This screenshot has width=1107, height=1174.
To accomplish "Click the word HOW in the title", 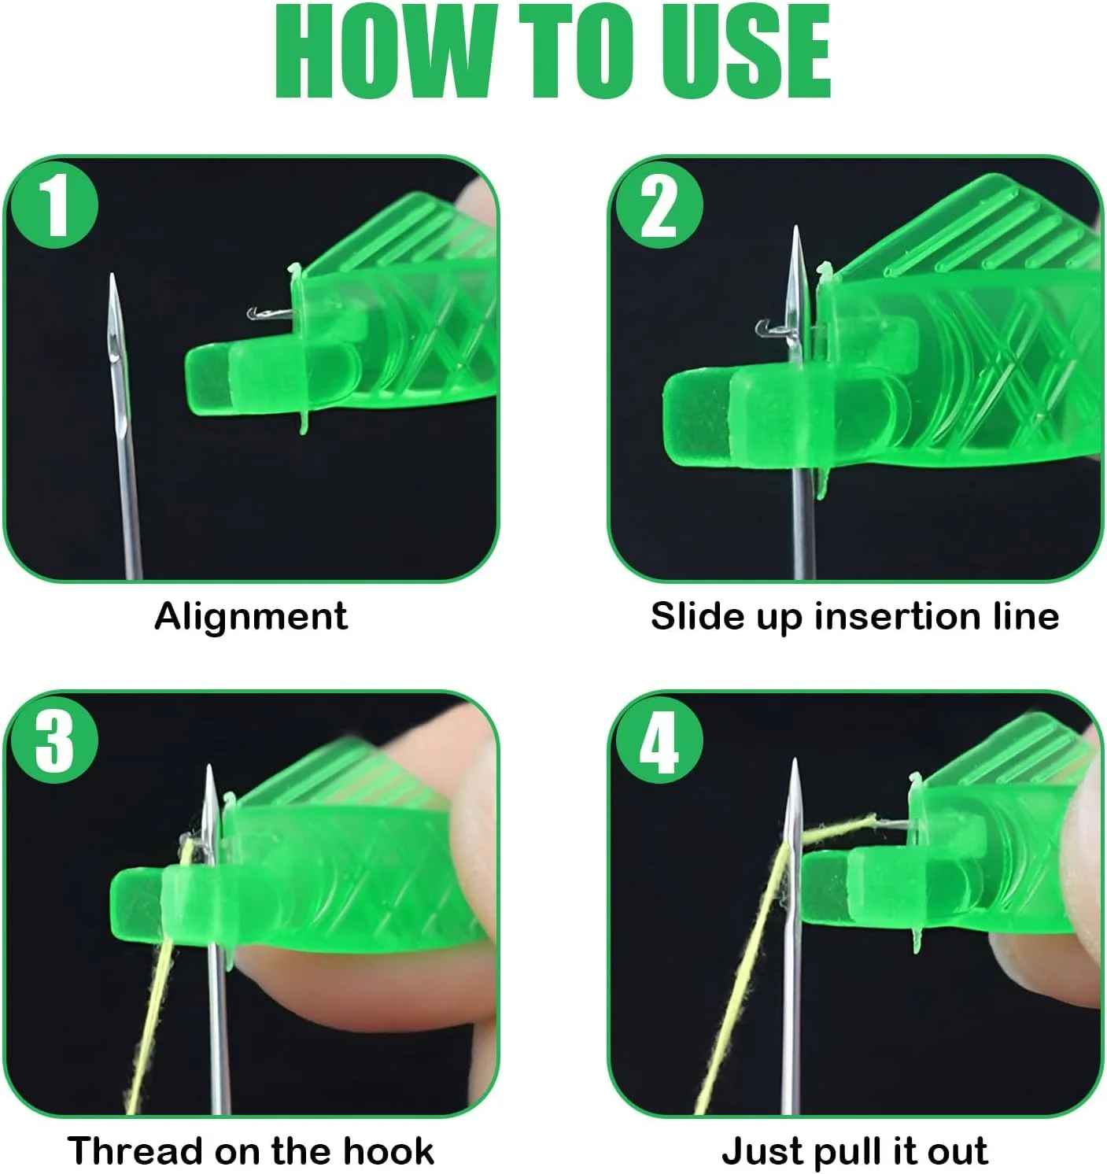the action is tap(382, 51).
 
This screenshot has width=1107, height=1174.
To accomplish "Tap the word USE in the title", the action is tap(746, 51).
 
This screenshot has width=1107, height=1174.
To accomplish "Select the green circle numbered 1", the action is tap(54, 205).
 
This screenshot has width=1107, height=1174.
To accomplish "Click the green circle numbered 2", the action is tap(659, 205).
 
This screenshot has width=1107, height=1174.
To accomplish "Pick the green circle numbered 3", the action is tap(54, 740).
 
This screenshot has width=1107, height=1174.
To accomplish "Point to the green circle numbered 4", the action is tap(659, 740).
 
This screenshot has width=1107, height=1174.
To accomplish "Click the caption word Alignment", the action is tap(251, 617).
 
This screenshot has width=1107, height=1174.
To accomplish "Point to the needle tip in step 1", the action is tap(113, 275).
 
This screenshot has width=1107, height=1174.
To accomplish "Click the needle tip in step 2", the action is tap(796, 227).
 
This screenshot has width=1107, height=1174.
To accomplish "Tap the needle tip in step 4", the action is tap(795, 761).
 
